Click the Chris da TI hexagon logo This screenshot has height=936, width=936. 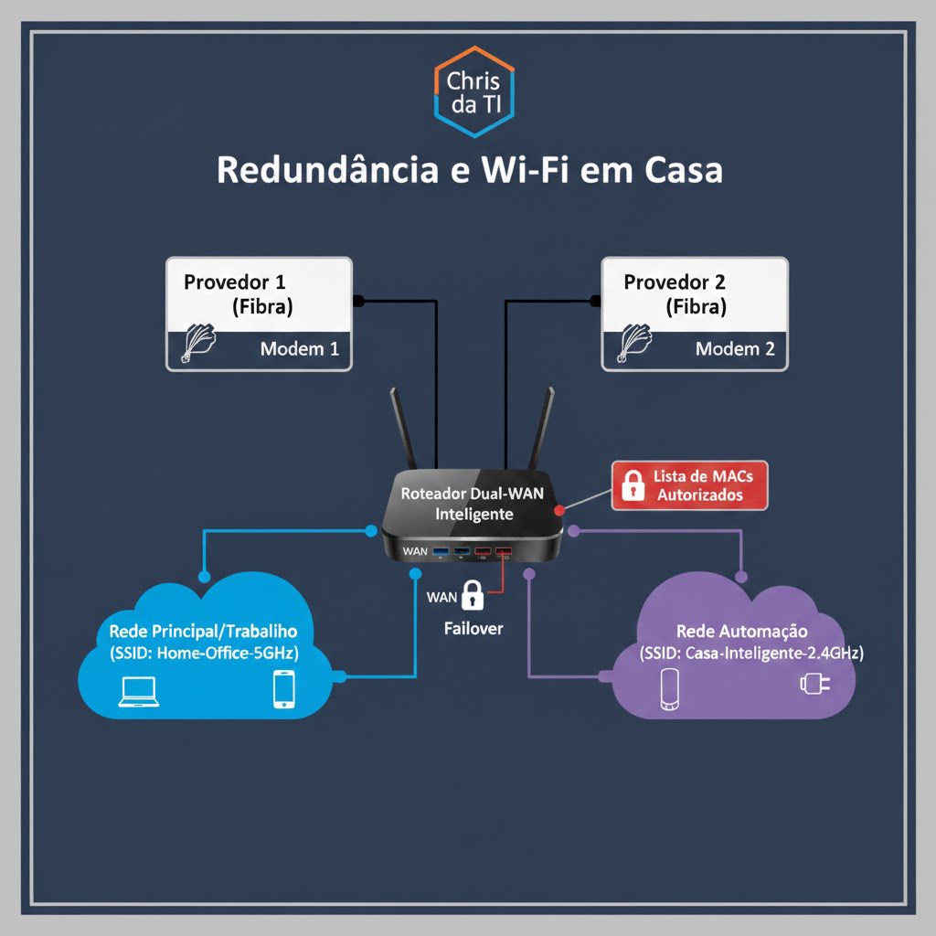pos(473,91)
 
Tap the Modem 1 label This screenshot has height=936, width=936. pos(299,348)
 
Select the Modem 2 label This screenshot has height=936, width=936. pos(735,348)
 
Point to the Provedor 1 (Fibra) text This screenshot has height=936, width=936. pos(241,293)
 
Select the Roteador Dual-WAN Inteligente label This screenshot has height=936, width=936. pos(473,503)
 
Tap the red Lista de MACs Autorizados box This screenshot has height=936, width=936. pos(691,484)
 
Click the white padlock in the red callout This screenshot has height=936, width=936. pos(633,484)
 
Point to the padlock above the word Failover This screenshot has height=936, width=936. pos(473,595)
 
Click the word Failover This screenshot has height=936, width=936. pos(473,629)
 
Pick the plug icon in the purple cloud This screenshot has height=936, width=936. pos(810,683)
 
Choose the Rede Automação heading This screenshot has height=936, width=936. pos(741,631)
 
